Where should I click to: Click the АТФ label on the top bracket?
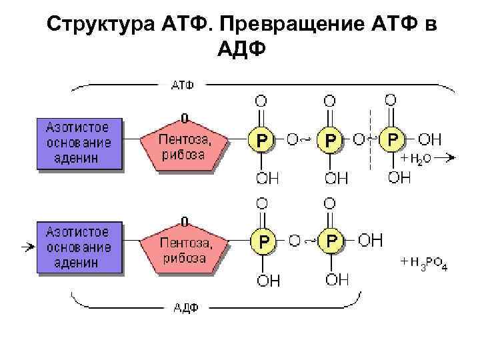click(x=183, y=86)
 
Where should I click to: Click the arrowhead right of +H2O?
click(x=451, y=157)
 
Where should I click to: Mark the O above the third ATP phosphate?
click(x=391, y=100)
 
